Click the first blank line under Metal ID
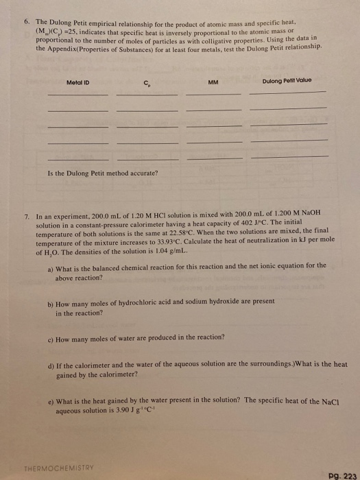pos(77,95)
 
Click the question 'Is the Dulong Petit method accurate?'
pos(102,173)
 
